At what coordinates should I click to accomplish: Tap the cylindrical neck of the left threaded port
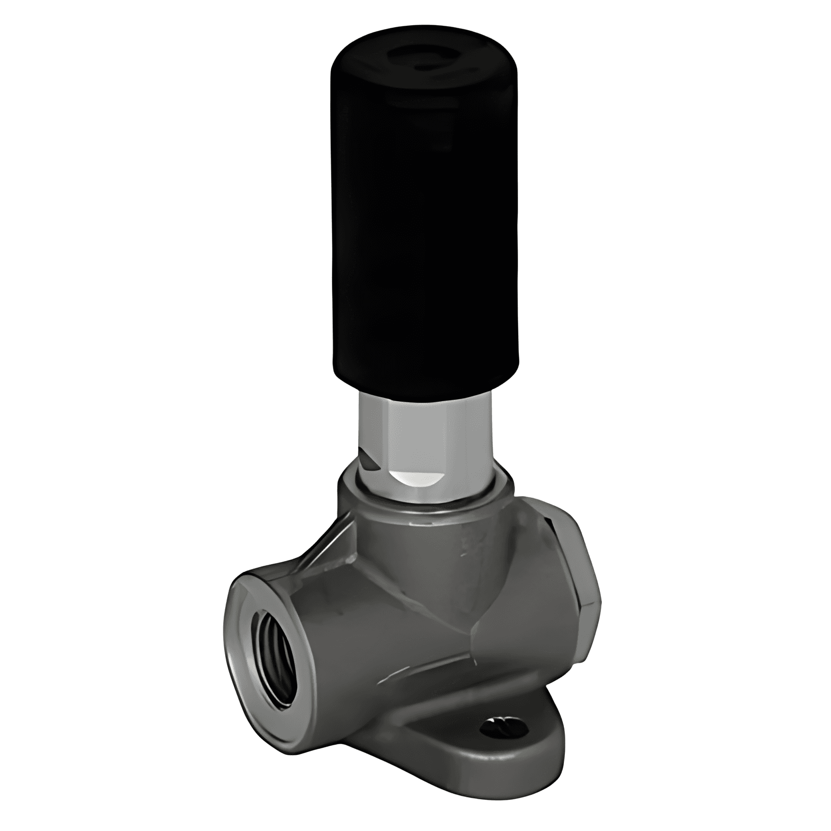click(336, 623)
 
